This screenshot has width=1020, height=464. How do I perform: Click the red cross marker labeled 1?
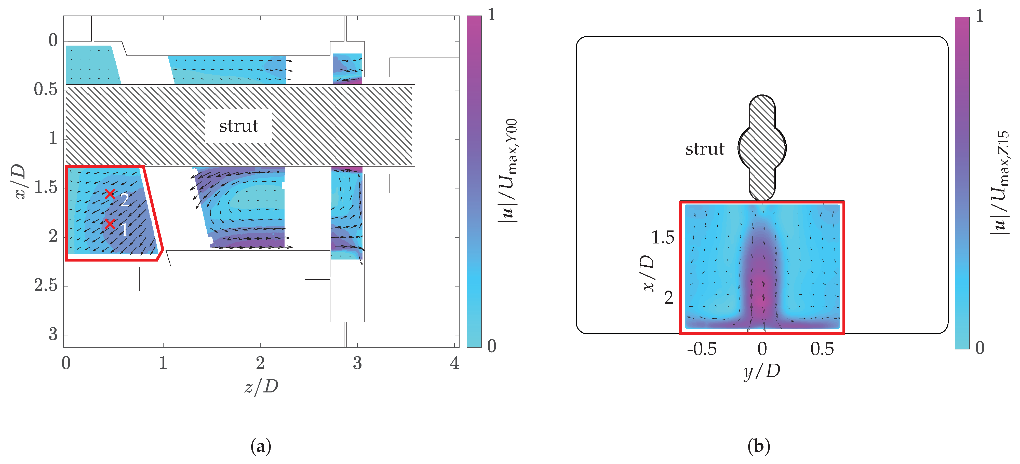[110, 224]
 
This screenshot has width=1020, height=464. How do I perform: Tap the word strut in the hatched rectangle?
[239, 126]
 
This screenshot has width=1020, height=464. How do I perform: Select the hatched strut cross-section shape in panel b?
[762, 148]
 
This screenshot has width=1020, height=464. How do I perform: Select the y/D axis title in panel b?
[761, 371]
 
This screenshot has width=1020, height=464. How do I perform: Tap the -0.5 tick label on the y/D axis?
[702, 349]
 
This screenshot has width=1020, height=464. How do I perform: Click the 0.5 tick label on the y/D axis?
[822, 349]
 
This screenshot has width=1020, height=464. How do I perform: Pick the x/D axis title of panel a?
[20, 182]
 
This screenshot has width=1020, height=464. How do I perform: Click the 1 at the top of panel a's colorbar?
[491, 15]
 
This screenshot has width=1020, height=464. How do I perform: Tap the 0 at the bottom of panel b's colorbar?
[979, 348]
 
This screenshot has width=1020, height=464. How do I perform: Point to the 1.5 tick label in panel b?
[662, 238]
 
